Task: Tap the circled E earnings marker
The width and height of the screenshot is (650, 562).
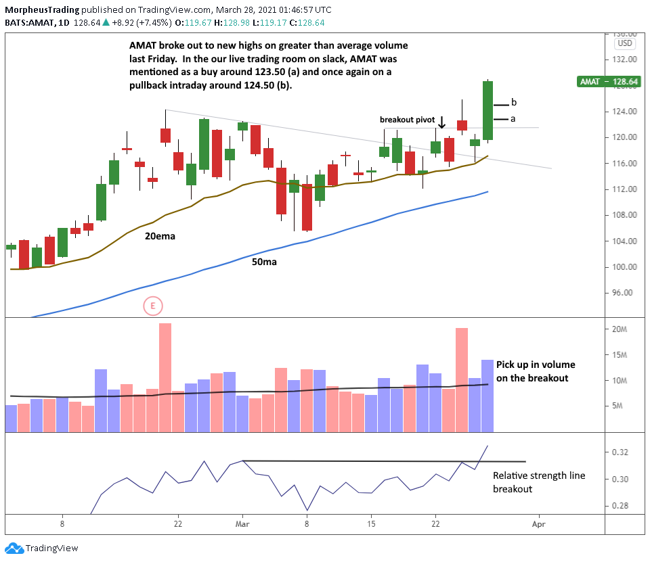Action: [x=153, y=306]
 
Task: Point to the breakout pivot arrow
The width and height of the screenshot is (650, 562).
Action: [x=441, y=122]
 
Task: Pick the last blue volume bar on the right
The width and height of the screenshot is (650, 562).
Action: [x=487, y=396]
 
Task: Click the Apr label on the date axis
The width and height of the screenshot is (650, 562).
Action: [x=539, y=523]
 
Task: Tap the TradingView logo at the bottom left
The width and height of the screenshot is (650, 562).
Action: [x=42, y=548]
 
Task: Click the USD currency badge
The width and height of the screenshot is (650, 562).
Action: [x=624, y=43]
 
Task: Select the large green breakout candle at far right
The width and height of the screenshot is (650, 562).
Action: [x=487, y=110]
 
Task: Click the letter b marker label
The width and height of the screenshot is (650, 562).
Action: [x=514, y=103]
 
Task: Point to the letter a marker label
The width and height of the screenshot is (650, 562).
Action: [x=513, y=118]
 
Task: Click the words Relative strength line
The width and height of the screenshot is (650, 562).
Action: [x=539, y=475]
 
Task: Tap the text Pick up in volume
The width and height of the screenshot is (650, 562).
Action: [x=532, y=364]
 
